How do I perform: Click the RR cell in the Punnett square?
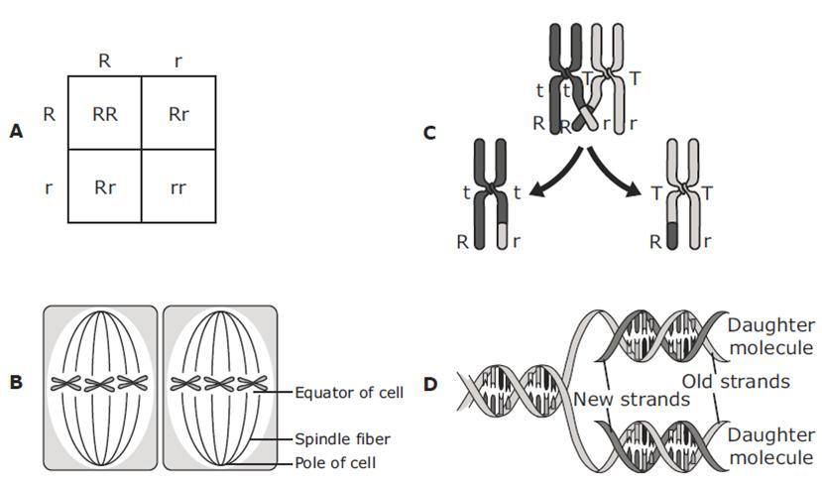(105, 113)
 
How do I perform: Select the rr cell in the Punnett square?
(178, 185)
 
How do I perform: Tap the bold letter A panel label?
(15, 131)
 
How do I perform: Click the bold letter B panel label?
(15, 381)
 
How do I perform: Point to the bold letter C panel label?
(429, 131)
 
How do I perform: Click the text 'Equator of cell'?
(349, 393)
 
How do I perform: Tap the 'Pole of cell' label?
(335, 462)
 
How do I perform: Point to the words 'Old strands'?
(735, 382)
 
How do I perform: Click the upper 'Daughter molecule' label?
(770, 336)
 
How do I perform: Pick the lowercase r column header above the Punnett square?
(178, 61)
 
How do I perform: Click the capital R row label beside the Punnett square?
(49, 114)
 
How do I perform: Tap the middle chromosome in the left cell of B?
(99, 383)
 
